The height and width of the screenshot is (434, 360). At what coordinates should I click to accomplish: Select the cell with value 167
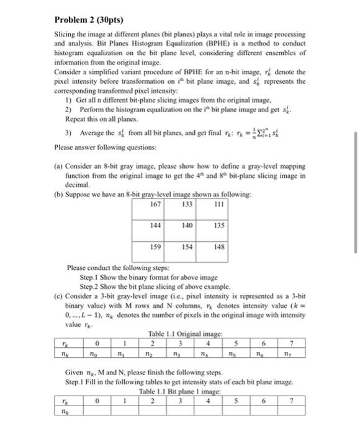coord(156,205)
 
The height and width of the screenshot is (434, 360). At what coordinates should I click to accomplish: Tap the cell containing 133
coord(187,205)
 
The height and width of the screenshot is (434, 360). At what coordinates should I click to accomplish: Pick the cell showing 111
coord(217,205)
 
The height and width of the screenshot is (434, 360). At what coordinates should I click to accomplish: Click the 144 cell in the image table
coord(156,226)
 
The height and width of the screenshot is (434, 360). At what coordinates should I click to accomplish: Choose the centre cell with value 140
coord(187,226)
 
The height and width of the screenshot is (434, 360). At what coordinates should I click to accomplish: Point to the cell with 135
coord(217,226)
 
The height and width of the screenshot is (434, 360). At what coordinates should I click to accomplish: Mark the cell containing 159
coord(156,246)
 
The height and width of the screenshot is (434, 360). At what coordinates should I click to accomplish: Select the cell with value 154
coord(187,246)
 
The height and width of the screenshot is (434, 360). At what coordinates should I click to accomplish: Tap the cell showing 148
coord(217,246)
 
